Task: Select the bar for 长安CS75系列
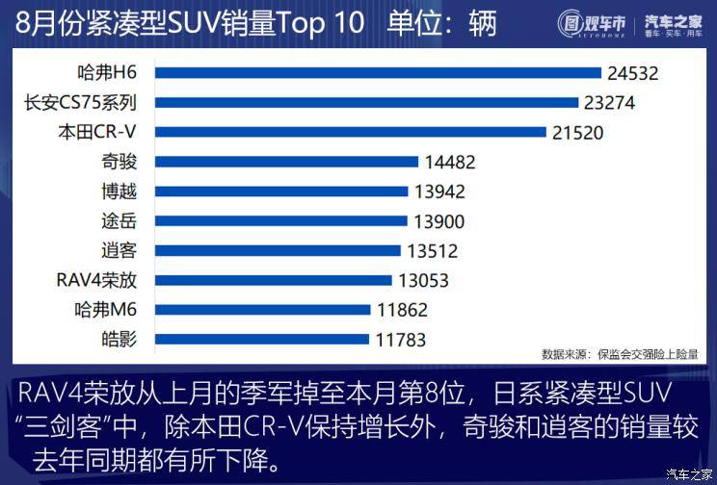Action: (366, 103)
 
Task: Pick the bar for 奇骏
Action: (286, 163)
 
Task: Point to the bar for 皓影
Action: (262, 339)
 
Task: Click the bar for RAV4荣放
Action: (274, 280)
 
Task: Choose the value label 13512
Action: (432, 251)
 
